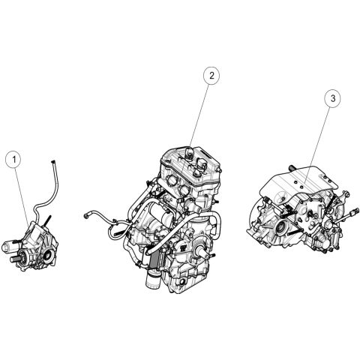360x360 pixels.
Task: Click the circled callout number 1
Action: (x=14, y=159)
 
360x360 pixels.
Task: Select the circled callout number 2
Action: (x=211, y=75)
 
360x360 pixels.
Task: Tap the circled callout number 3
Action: (x=333, y=98)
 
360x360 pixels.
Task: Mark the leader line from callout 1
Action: (x=22, y=195)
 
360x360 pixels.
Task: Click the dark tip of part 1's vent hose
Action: (x=52, y=162)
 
